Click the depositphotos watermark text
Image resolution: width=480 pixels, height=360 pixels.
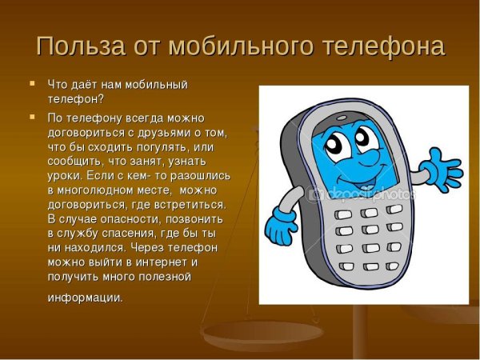pos(364,193)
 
